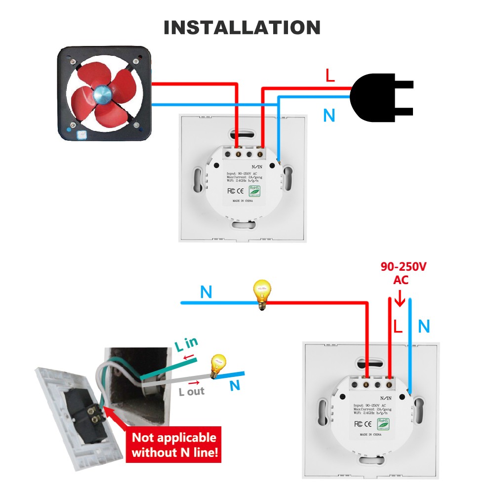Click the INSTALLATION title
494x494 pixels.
point(242,28)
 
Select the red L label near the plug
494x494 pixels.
point(330,76)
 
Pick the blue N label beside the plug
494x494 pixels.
point(329,116)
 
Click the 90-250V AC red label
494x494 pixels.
point(403,273)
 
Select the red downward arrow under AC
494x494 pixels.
point(400,298)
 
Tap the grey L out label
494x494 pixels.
point(192,391)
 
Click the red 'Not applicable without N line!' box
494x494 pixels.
point(174,445)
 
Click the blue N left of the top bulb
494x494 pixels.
point(206,292)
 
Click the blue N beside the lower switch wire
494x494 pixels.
point(424,327)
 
